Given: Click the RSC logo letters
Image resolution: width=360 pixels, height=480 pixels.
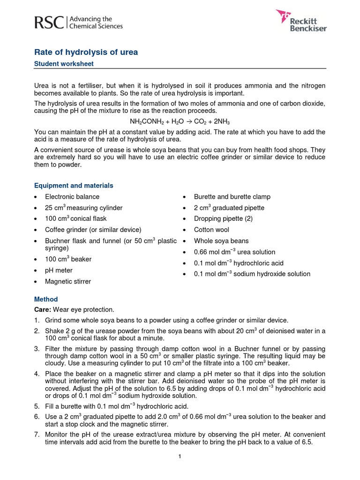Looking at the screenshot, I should click(x=49, y=22).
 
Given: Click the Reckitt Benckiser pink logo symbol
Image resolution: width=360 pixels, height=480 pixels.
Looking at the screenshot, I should click(x=284, y=16).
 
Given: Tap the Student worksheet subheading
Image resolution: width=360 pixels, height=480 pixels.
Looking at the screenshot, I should click(x=64, y=64).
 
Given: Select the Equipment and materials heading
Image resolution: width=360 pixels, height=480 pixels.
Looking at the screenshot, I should click(x=74, y=186).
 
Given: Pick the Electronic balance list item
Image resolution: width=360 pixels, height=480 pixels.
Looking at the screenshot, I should click(x=72, y=197).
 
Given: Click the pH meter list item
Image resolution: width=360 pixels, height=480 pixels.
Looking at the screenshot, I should click(x=59, y=270).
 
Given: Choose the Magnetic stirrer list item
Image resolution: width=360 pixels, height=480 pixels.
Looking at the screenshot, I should click(x=68, y=282).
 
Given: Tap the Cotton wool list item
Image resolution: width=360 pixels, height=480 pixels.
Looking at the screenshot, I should click(x=211, y=230).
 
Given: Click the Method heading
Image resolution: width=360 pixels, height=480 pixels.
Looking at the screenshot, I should click(x=46, y=299).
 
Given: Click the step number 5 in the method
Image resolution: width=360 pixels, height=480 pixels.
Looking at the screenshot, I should click(x=37, y=406).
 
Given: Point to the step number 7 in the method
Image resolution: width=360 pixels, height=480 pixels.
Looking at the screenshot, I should click(x=37, y=435).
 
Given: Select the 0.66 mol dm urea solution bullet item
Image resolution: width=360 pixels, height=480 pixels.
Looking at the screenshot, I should click(x=234, y=252).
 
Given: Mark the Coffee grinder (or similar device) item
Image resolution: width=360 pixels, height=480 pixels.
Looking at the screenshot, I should click(x=93, y=230).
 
